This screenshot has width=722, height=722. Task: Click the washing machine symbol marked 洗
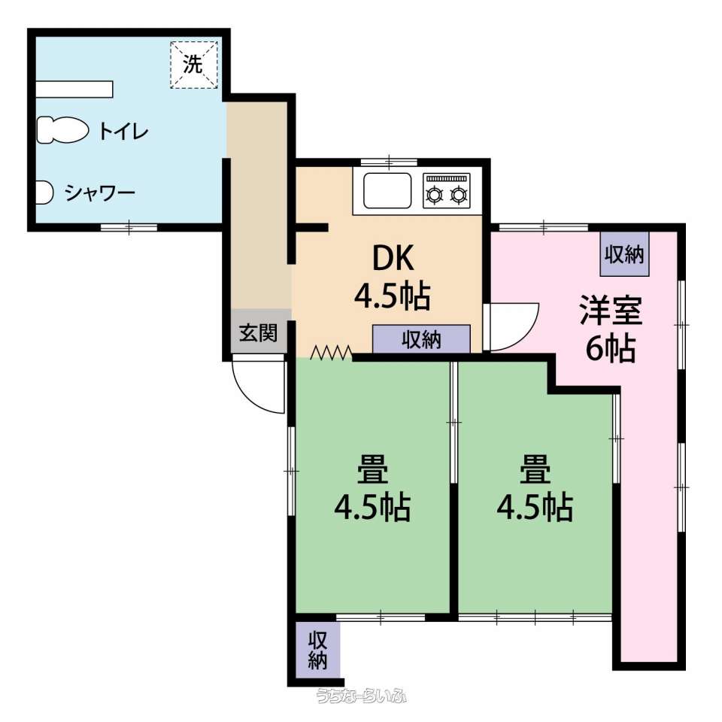point(194,65)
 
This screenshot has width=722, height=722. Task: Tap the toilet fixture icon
point(62,130)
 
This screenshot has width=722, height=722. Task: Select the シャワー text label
point(100,193)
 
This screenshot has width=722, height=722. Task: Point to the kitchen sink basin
point(387,190)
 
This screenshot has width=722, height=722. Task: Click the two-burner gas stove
point(447,190)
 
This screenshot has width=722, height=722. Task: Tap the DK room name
point(393,259)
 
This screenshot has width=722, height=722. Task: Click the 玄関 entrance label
point(258,332)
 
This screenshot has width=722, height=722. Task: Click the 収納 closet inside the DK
point(421,339)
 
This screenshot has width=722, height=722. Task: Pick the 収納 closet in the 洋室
point(624,253)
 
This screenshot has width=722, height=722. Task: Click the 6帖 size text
point(611,348)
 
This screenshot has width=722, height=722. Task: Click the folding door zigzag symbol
point(332,353)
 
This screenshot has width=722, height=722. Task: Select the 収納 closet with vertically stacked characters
point(317,650)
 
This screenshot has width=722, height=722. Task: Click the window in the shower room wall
point(129,227)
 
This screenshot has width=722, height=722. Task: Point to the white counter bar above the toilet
point(74,89)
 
